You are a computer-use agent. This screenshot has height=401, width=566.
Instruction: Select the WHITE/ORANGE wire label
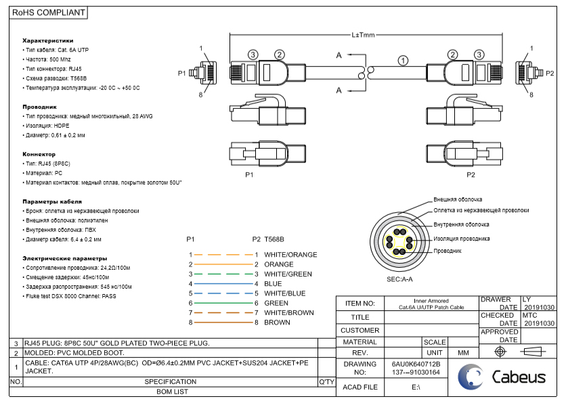pos(290,255)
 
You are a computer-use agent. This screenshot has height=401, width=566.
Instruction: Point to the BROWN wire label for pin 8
pos(277,323)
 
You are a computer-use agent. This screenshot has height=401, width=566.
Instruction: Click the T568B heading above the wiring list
pos(274,239)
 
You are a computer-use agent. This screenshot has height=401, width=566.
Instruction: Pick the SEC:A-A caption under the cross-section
pos(399,279)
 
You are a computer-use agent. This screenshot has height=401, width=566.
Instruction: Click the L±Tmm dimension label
pos(363,35)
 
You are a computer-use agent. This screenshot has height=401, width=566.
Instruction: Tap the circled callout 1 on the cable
pos(404,60)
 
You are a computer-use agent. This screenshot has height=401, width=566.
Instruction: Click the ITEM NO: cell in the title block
pos(360,304)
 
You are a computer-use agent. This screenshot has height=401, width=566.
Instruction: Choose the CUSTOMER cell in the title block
pos(360,330)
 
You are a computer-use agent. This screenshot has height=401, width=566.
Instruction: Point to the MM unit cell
pos(464,353)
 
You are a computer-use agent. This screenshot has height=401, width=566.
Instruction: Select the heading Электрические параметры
pos(65,258)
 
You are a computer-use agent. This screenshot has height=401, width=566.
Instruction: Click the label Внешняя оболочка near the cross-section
pos(458,200)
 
